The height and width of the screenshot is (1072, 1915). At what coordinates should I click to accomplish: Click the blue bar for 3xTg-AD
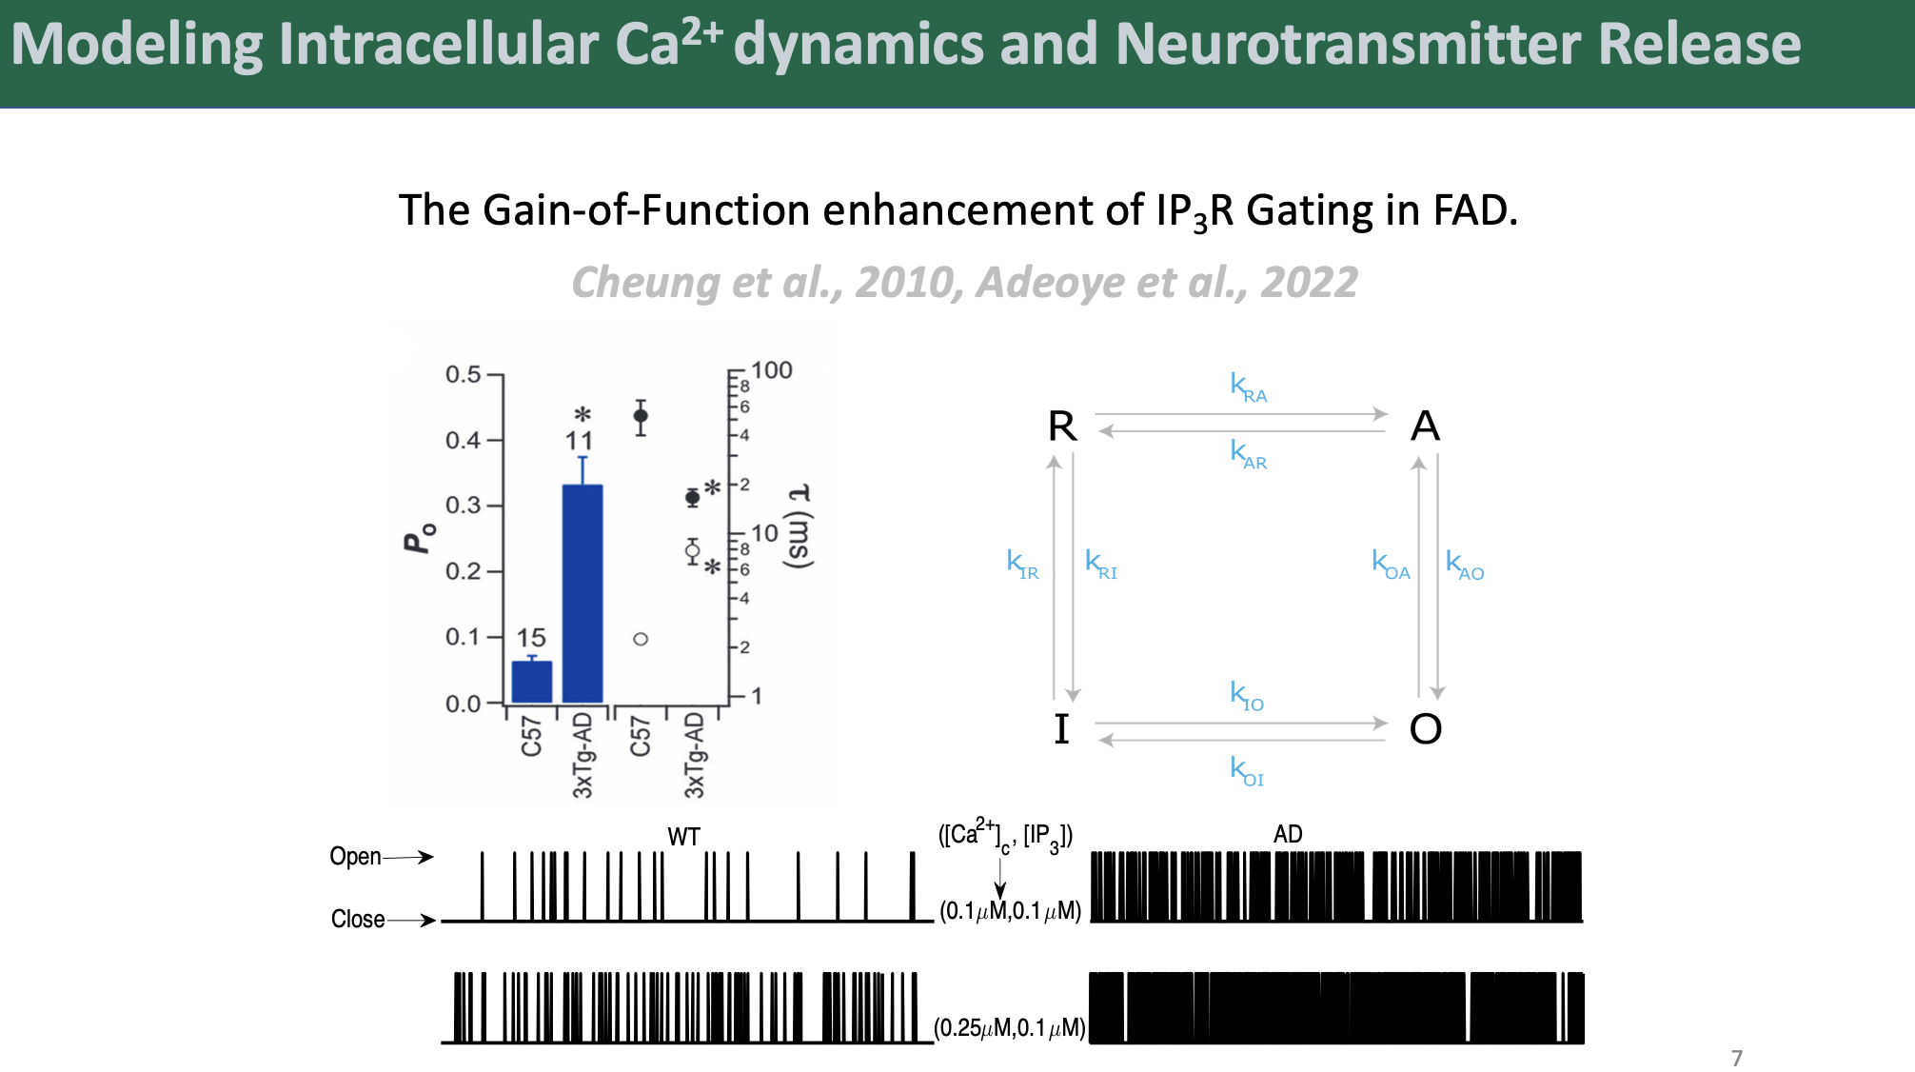(582, 593)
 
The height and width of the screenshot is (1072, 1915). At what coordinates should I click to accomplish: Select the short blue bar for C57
(531, 682)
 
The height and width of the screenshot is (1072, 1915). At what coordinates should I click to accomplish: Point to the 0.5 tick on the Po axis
(495, 375)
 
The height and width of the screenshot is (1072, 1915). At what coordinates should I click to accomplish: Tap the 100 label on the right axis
(772, 370)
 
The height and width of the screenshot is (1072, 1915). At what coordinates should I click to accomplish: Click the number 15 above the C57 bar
(531, 638)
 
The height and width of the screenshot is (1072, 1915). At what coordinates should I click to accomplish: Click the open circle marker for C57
(641, 639)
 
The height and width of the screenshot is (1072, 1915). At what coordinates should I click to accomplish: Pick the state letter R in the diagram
(1062, 426)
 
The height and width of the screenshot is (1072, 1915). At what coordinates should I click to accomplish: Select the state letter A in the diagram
(1425, 426)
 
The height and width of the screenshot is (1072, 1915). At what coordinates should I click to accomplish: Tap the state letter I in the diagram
(1062, 729)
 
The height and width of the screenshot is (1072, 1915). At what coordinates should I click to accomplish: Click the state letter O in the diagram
(1426, 729)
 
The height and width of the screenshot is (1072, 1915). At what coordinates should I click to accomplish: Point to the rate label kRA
(1248, 387)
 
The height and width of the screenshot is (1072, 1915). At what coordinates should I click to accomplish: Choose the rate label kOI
(1247, 771)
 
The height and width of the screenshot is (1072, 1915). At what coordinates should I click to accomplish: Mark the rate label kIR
(1023, 565)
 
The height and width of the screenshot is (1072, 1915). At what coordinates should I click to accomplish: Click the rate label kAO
(1465, 565)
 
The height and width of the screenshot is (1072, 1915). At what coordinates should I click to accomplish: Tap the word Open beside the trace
(355, 857)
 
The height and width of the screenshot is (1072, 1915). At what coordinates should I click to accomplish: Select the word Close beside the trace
(358, 919)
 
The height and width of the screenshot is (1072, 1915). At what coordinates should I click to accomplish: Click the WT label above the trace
(684, 837)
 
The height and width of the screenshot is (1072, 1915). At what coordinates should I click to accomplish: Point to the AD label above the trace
(1288, 834)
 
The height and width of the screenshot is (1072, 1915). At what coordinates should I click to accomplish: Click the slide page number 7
(1737, 1058)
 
